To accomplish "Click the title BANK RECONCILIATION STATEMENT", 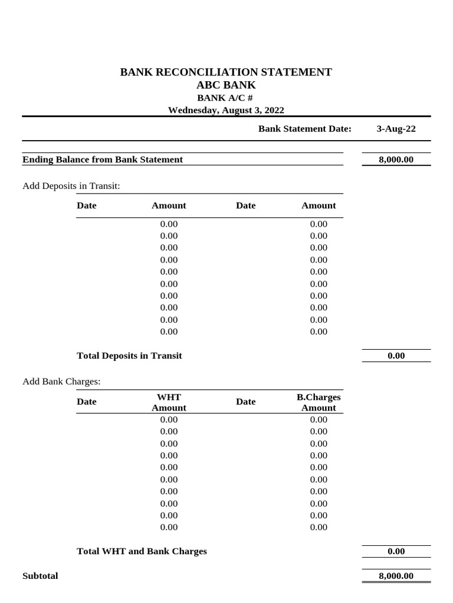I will (226, 72).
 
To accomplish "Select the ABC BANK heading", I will (226, 85).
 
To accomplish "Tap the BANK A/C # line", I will (226, 98).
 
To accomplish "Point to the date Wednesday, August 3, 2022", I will (226, 110).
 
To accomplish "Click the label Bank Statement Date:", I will (304, 129).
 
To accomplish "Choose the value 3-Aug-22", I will (396, 129).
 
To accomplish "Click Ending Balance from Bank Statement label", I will (103, 160).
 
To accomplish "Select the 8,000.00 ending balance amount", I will (396, 160).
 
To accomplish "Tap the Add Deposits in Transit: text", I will (71, 186).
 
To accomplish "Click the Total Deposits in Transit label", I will (129, 356).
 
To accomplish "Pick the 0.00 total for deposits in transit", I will (396, 356).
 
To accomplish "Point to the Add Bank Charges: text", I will (61, 382).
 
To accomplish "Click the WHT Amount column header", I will (169, 402).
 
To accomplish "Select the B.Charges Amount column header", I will (319, 402).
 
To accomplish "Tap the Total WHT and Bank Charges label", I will (142, 552).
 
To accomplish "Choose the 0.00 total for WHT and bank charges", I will (396, 552).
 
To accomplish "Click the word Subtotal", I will (40, 576).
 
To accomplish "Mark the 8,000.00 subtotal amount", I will (396, 576).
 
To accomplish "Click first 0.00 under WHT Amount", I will (169, 419).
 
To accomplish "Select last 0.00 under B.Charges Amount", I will (319, 527).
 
